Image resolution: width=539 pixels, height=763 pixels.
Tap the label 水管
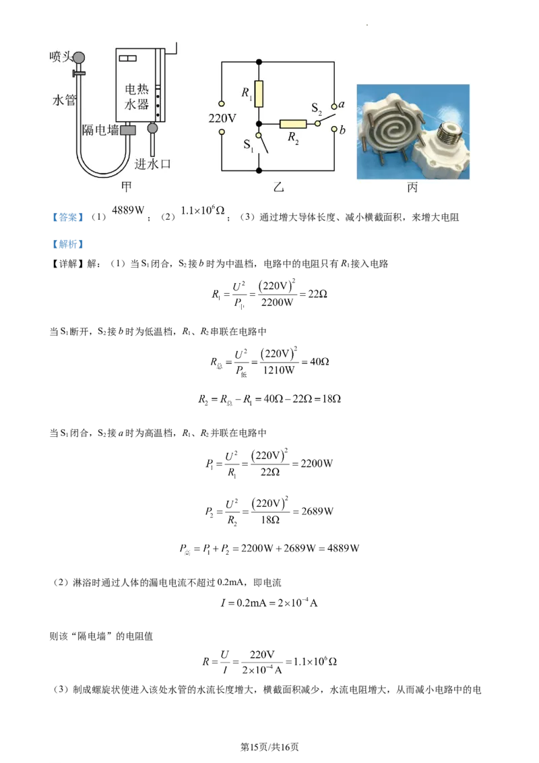[x=64, y=100]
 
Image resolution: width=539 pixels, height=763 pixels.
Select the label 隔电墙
[x=99, y=129]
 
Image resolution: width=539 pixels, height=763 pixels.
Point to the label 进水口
[x=152, y=164]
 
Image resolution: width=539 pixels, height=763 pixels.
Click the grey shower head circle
[x=80, y=57]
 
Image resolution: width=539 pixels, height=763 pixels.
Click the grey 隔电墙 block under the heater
[x=128, y=129]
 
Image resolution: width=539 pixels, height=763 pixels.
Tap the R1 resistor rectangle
[x=259, y=94]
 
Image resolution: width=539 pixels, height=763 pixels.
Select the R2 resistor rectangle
[x=293, y=124]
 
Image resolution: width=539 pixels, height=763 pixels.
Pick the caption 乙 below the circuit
[x=278, y=187]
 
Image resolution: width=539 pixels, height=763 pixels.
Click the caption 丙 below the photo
[x=412, y=187]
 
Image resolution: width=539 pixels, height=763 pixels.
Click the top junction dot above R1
[x=259, y=63]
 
